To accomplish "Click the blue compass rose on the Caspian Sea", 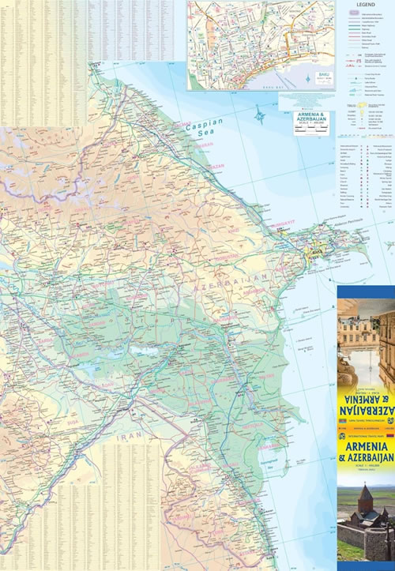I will coord(260,117).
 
